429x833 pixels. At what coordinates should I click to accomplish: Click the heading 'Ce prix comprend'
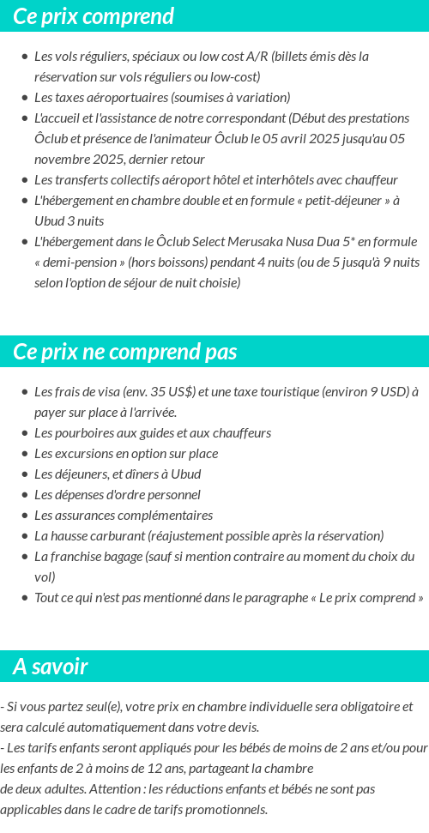pyautogui.click(x=94, y=16)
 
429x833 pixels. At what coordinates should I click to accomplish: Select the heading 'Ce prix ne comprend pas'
pyautogui.click(x=125, y=352)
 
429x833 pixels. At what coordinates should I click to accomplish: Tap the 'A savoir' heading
pyautogui.click(x=50, y=667)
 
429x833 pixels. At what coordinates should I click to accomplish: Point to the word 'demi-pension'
pyautogui.click(x=85, y=262)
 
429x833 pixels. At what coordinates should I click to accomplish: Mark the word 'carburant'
pyautogui.click(x=115, y=536)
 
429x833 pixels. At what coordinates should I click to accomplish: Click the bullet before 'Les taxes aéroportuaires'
pyautogui.click(x=24, y=98)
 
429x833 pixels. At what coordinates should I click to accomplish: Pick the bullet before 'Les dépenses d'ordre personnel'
pyautogui.click(x=24, y=496)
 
